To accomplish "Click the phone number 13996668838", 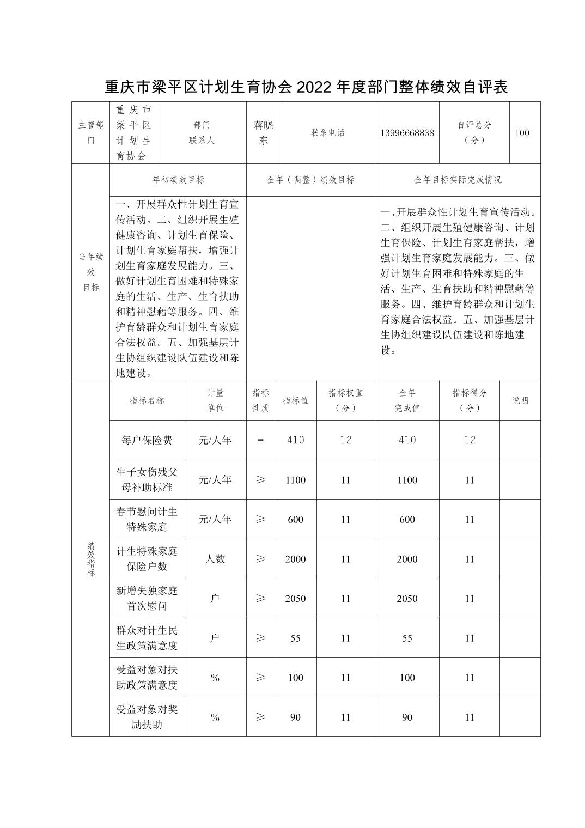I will tap(407, 133).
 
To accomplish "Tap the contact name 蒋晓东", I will tap(264, 132).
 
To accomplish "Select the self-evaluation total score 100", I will tap(522, 133).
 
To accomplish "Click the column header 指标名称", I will tap(147, 400).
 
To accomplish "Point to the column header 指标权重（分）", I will tap(345, 400).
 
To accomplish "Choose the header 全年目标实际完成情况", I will tap(458, 180).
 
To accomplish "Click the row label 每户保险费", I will tap(147, 440).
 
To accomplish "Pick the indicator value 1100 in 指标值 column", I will tap(295, 480).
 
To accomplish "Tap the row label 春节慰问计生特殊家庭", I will tap(147, 519).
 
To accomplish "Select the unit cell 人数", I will tap(215, 559).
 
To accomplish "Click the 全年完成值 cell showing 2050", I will tap(407, 599).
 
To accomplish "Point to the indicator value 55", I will tap(295, 638).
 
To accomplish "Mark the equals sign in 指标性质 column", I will tap(260, 440).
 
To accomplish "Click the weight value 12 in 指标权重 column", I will tap(345, 440).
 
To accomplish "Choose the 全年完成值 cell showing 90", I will tap(407, 717).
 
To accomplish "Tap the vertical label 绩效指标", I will tap(91, 559).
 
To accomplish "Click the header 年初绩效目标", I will tap(178, 180).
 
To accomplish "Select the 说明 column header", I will tap(520, 400).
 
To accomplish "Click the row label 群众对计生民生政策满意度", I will tap(147, 638).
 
